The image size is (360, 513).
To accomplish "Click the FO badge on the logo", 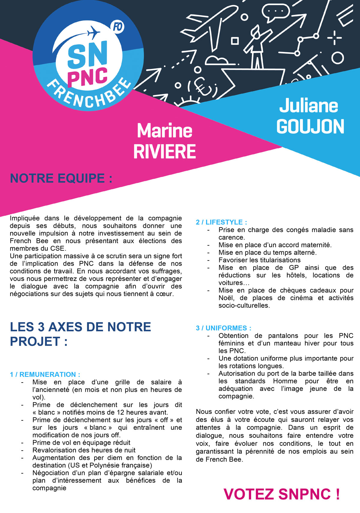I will click(x=118, y=27).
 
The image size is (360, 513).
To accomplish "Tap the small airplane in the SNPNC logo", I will click(x=93, y=32).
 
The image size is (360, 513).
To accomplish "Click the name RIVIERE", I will click(x=165, y=152).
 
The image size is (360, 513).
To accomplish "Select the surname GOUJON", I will click(x=310, y=127).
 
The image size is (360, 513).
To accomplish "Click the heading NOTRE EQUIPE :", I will click(x=61, y=178).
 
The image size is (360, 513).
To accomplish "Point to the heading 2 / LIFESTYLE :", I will click(x=221, y=222).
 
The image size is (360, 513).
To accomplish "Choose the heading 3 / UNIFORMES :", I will click(x=223, y=328).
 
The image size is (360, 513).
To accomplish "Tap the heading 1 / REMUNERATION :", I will click(x=45, y=374).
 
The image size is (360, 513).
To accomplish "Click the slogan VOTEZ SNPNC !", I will click(x=282, y=494).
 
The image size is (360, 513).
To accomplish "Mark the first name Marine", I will click(x=165, y=131).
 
